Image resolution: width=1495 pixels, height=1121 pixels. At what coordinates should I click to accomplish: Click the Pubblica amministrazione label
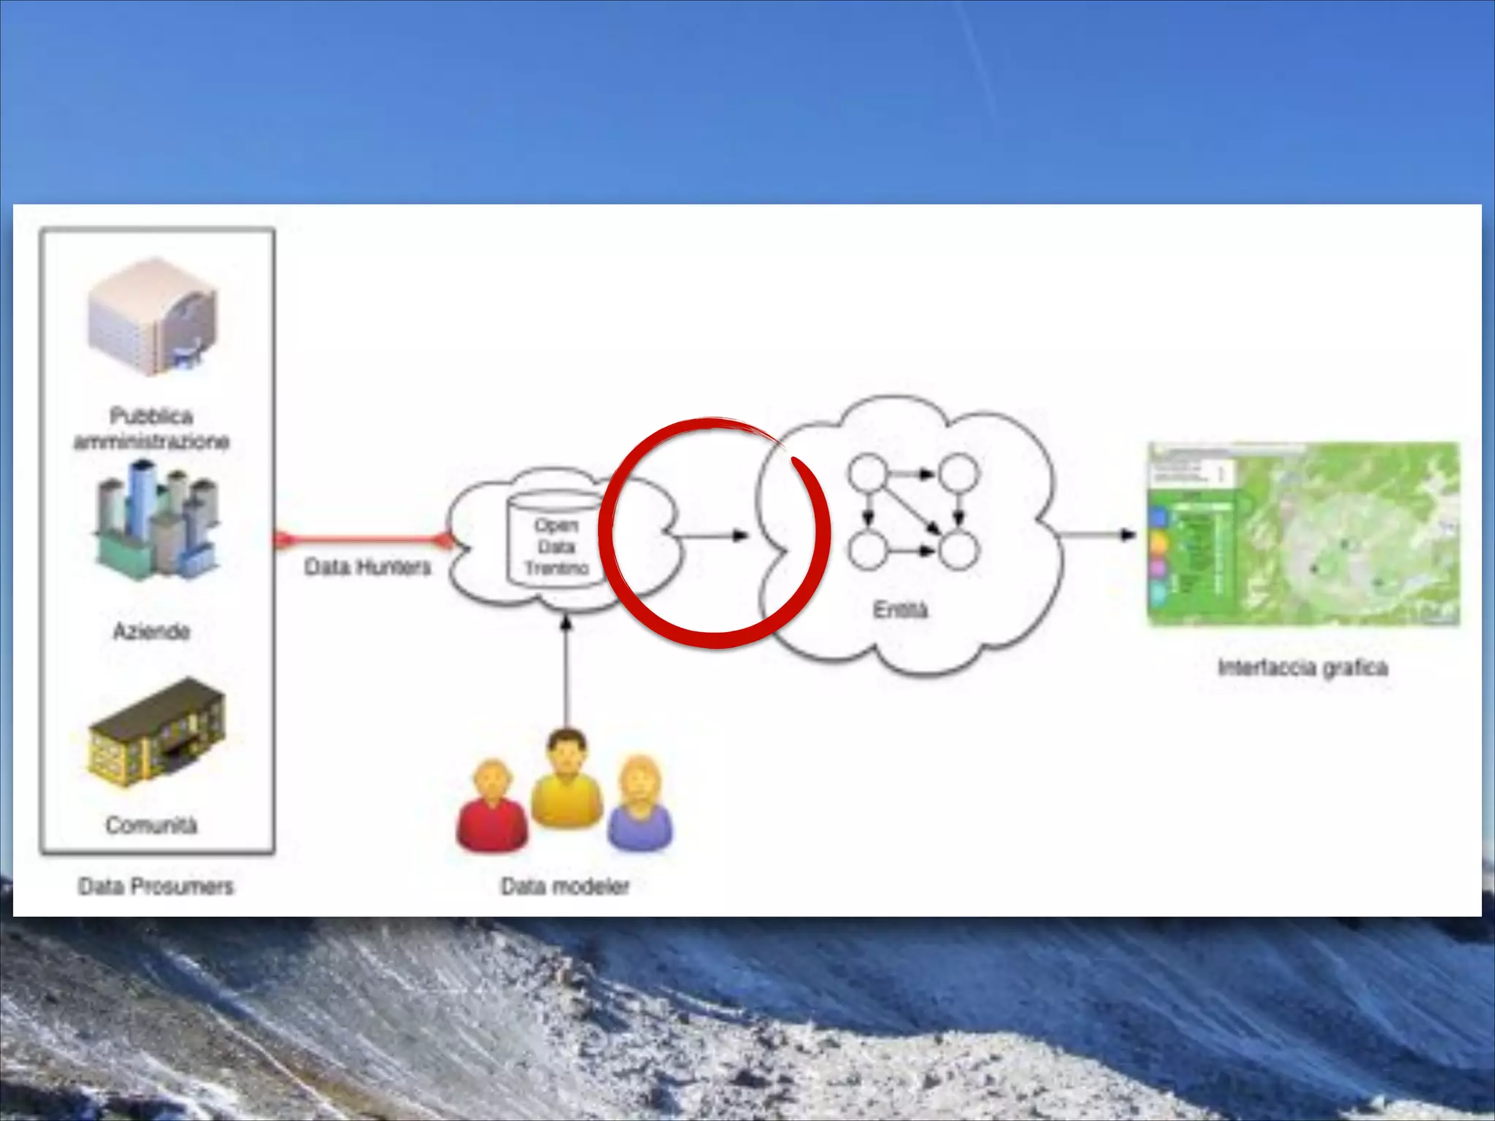pos(151,429)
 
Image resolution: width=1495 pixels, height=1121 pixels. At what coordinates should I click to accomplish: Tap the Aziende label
pos(151,631)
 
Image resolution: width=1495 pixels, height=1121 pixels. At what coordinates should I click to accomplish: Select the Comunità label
pos(151,825)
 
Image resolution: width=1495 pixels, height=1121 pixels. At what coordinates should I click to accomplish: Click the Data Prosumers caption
pos(155,886)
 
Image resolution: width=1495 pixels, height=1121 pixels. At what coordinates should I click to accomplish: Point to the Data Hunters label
pos(367,567)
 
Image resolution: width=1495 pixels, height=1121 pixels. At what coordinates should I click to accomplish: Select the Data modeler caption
pos(565,886)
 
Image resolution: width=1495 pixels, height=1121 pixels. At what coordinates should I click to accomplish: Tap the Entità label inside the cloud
pos(900,609)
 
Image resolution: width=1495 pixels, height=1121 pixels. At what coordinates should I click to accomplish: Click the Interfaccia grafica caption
pos(1303,668)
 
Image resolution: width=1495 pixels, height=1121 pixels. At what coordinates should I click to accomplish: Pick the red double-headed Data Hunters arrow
pos(363,539)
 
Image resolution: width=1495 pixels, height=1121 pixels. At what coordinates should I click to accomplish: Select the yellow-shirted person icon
pos(566,781)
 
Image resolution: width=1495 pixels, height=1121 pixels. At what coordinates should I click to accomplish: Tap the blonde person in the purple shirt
pos(640,806)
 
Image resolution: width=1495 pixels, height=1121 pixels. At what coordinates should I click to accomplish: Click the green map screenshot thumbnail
pos(1303,534)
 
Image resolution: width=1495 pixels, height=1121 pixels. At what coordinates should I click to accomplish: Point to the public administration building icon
pos(153,317)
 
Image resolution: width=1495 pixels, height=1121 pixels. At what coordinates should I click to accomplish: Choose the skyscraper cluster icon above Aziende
pos(155,519)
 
